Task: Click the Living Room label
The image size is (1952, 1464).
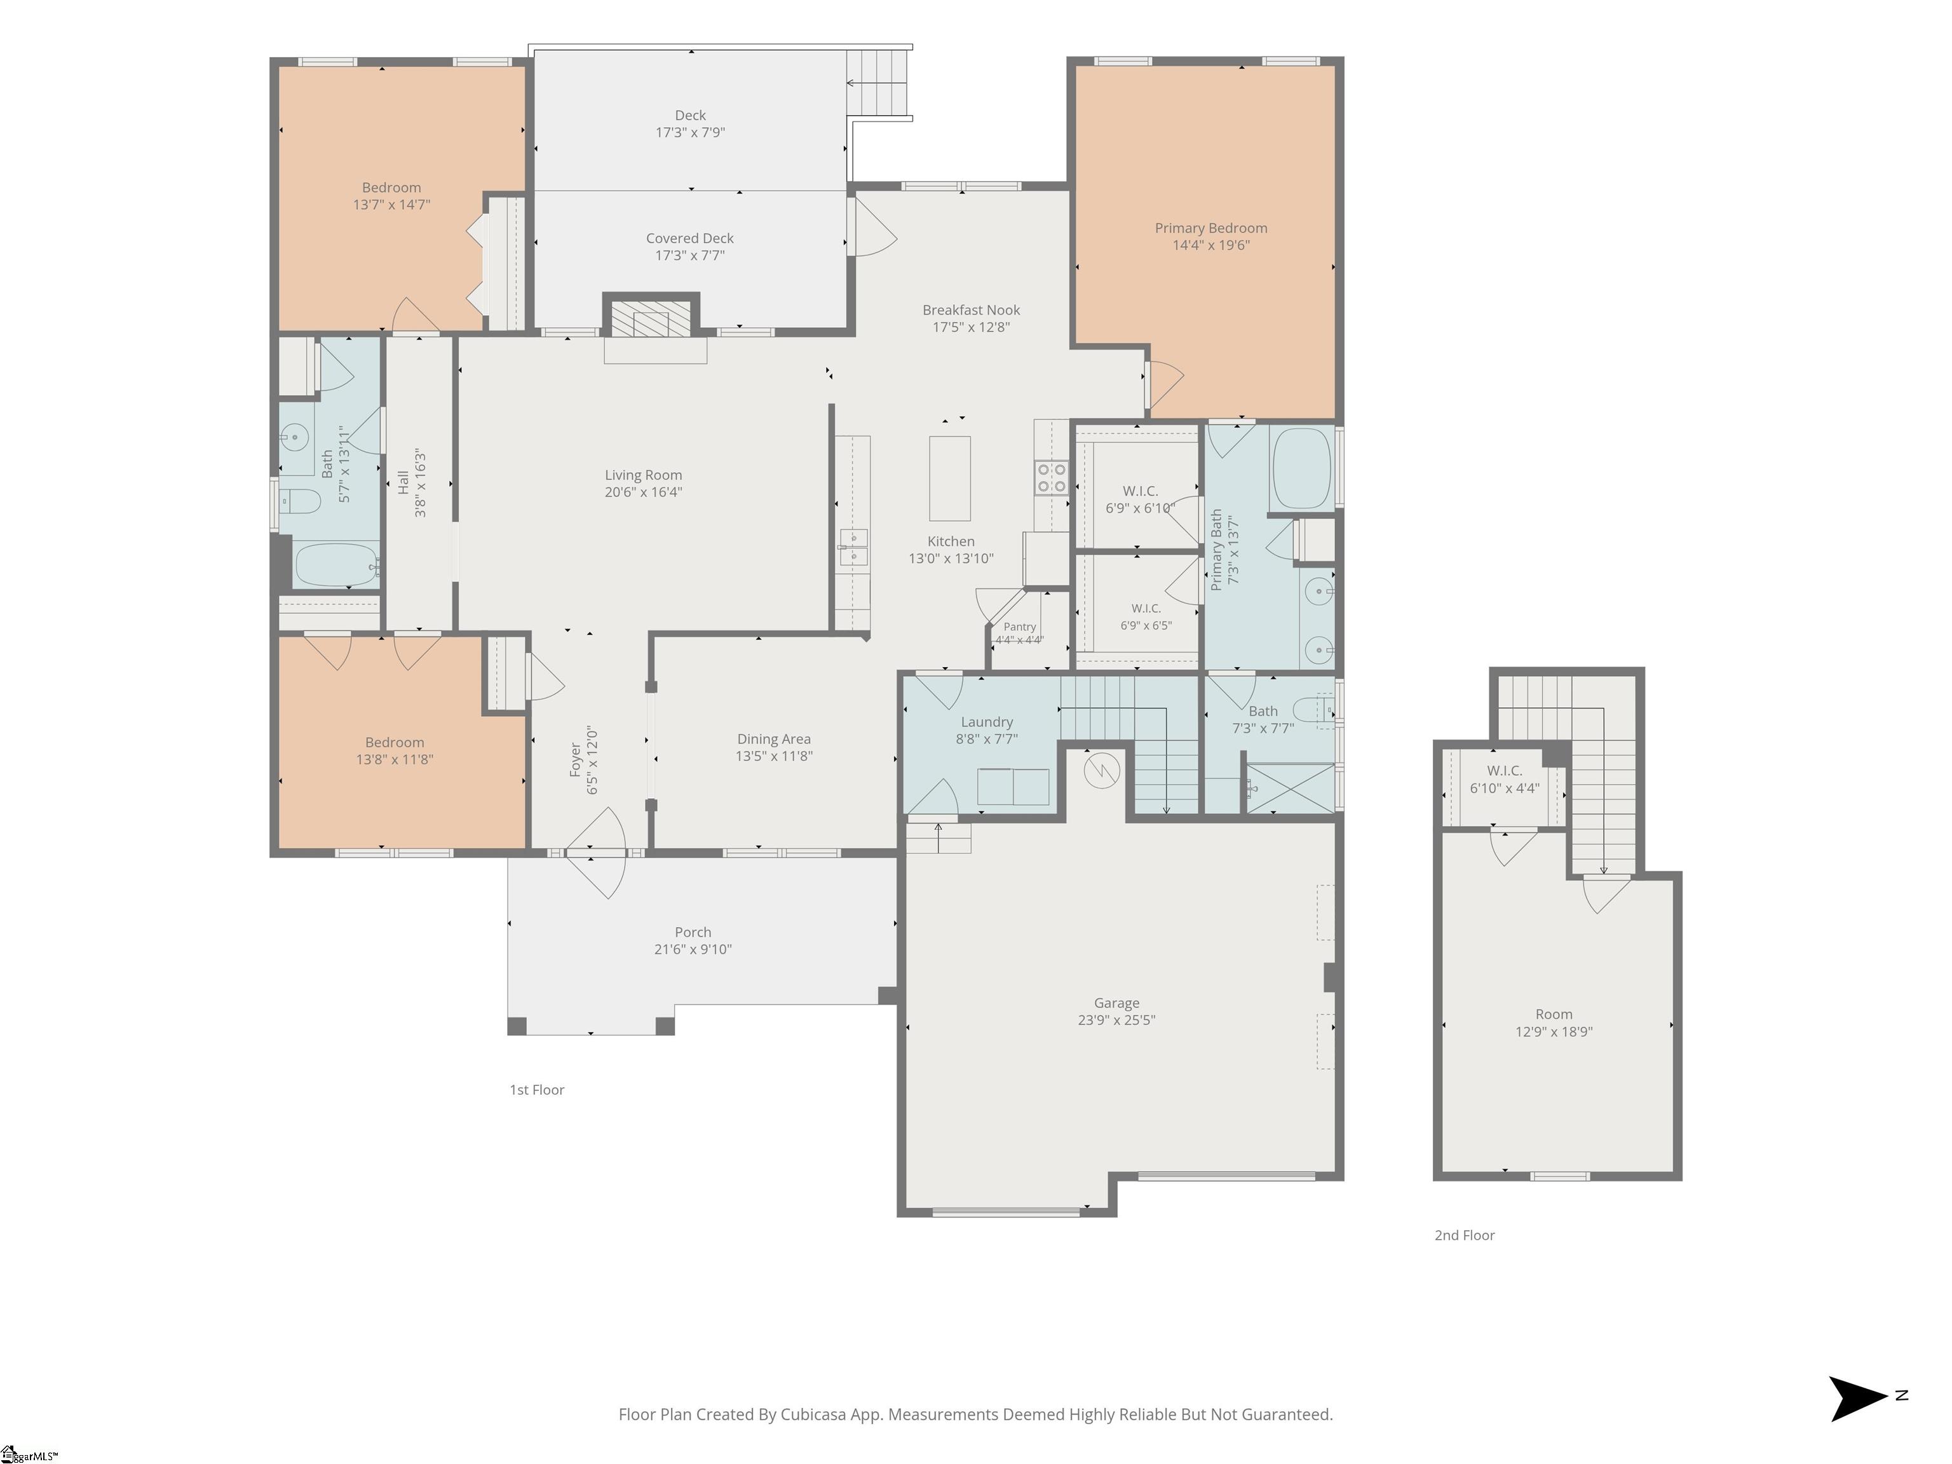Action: click(643, 475)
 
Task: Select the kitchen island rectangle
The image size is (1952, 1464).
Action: click(949, 478)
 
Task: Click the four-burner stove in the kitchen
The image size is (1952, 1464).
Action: click(1051, 477)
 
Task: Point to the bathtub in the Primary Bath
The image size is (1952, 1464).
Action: click(1301, 468)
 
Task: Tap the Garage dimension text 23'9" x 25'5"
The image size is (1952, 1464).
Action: click(1116, 1020)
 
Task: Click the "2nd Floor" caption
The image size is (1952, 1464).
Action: click(1464, 1235)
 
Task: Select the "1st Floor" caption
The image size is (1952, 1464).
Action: click(536, 1090)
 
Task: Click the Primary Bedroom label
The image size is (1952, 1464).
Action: click(1210, 227)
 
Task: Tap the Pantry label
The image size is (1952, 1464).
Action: click(1019, 627)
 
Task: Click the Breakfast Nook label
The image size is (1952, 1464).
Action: click(971, 309)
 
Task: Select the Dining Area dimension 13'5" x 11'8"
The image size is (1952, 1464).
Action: click(774, 756)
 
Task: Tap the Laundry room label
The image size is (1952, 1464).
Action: click(987, 722)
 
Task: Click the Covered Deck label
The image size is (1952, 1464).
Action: click(689, 238)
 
